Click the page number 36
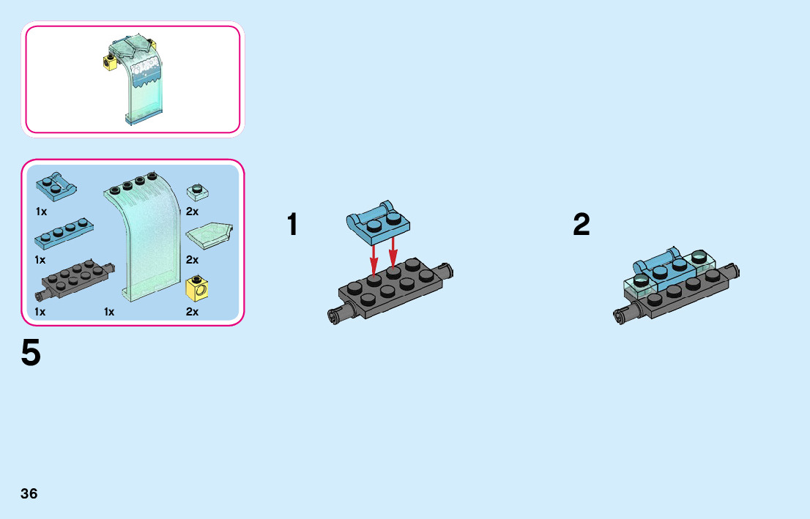pyautogui.click(x=29, y=493)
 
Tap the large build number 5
pyautogui.click(x=31, y=354)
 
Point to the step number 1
pyautogui.click(x=292, y=225)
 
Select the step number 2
pyautogui.click(x=581, y=225)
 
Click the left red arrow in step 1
pyautogui.click(x=374, y=257)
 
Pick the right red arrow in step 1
pyautogui.click(x=393, y=253)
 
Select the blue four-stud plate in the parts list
pyautogui.click(x=64, y=233)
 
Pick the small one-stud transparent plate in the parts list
pyautogui.click(x=196, y=192)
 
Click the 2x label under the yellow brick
pyautogui.click(x=193, y=312)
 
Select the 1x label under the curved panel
pyautogui.click(x=109, y=312)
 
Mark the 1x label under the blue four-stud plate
pyautogui.click(x=40, y=260)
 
